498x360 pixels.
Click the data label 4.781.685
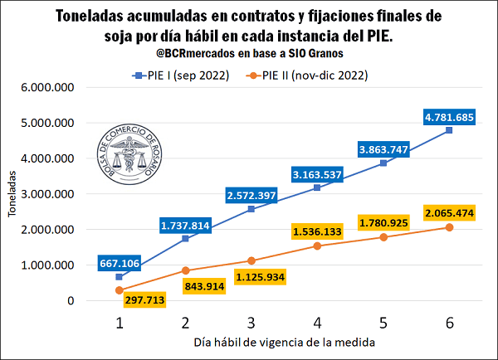point(448,118)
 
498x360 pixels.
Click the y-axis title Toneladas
point(12,194)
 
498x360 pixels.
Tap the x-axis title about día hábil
point(285,342)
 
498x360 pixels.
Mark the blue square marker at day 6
point(449,130)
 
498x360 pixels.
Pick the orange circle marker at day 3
point(251,260)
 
